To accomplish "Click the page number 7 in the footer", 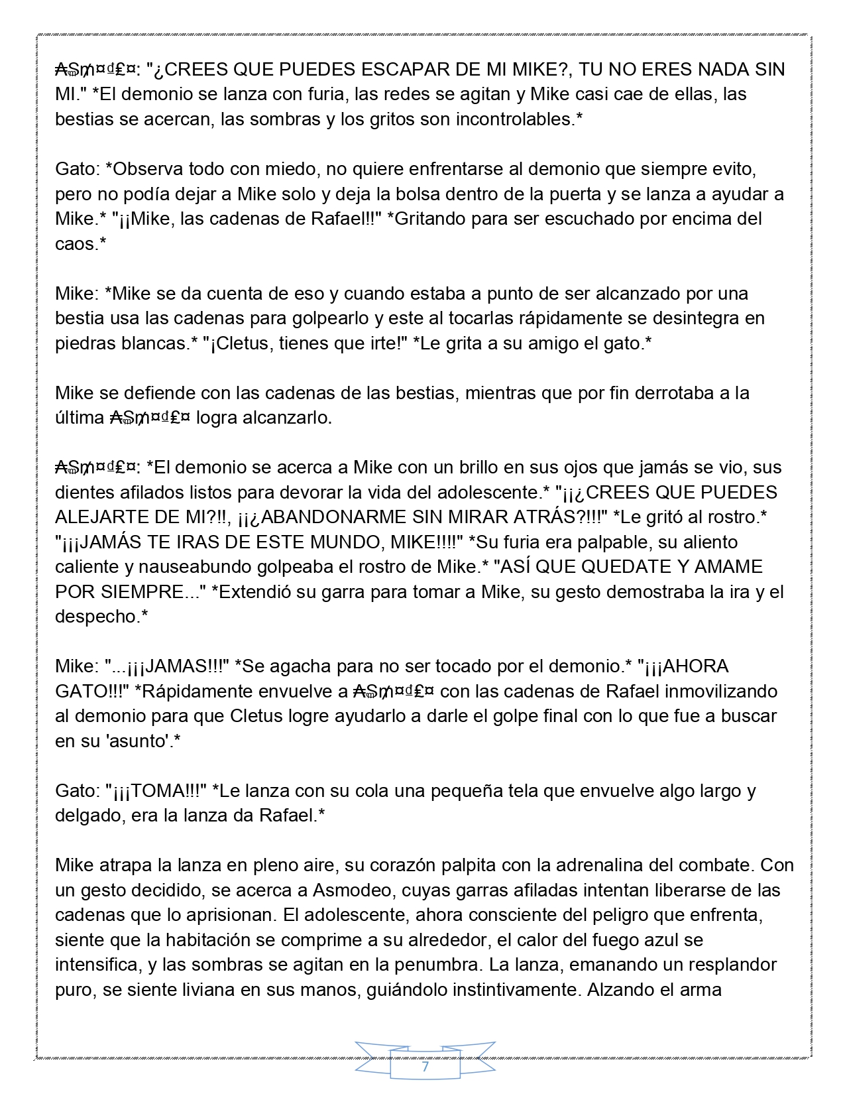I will pyautogui.click(x=425, y=1067).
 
